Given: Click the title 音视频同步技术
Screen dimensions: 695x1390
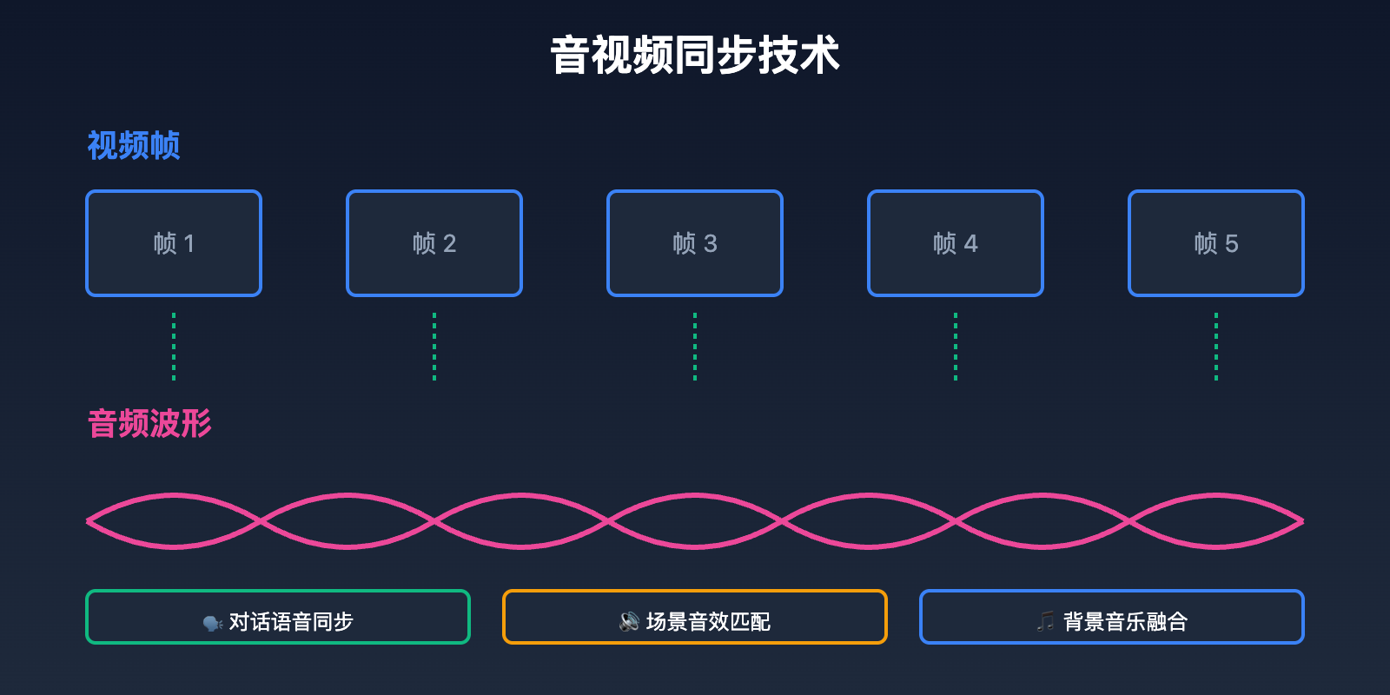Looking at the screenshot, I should click(695, 56).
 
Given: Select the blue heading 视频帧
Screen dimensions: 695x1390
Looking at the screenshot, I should click(134, 145).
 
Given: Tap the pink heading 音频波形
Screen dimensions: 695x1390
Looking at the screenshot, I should click(149, 424).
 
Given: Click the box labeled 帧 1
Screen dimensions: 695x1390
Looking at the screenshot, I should click(174, 243).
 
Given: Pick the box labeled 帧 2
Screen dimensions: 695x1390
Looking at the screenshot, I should click(434, 243).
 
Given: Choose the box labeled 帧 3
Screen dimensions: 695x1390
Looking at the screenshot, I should click(695, 243).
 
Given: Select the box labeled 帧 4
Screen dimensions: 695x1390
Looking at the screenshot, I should click(956, 243).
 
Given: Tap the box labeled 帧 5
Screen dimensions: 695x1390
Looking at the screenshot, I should click(1216, 243).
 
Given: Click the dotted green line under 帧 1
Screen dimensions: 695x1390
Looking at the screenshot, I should click(174, 347).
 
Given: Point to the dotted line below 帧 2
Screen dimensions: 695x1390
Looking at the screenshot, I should click(434, 347).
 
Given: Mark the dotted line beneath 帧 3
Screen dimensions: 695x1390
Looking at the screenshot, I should click(695, 347).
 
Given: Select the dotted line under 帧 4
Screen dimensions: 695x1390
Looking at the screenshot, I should click(956, 347).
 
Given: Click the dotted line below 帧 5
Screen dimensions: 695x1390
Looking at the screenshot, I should click(1216, 347).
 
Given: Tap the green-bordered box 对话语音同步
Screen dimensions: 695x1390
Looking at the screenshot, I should click(278, 617).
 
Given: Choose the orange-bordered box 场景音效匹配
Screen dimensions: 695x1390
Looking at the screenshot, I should click(695, 617).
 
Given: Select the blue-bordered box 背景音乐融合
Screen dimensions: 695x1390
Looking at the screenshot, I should click(1112, 617).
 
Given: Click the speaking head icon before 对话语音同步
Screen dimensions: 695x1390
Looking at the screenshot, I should click(213, 623).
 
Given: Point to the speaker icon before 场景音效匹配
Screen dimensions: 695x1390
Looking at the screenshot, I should click(629, 622).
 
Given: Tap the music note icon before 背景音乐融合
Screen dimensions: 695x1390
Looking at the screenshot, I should click(1046, 621).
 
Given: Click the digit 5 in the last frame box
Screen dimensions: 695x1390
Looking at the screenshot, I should click(1231, 244).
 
